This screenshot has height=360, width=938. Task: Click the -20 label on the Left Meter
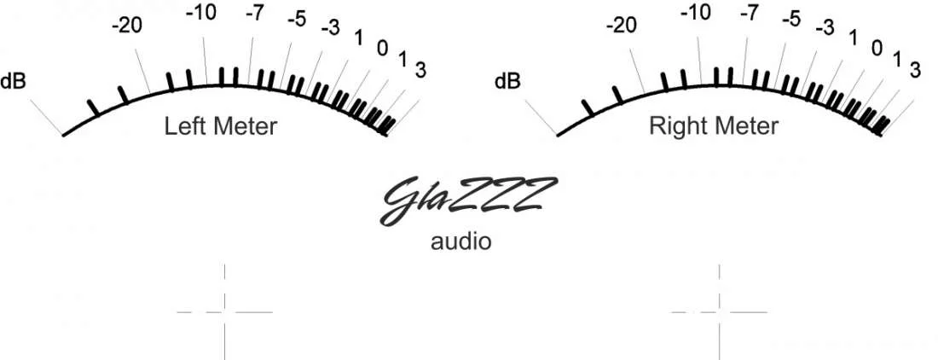127,26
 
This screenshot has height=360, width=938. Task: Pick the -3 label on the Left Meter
330,27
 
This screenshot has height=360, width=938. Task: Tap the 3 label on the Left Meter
420,70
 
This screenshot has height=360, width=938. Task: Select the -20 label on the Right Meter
622,26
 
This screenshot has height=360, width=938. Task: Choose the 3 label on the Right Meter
915,70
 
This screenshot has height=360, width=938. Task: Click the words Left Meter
221,126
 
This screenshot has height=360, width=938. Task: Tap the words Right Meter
714,126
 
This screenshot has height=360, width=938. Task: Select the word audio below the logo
461,241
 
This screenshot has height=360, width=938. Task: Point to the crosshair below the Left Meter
225,311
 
